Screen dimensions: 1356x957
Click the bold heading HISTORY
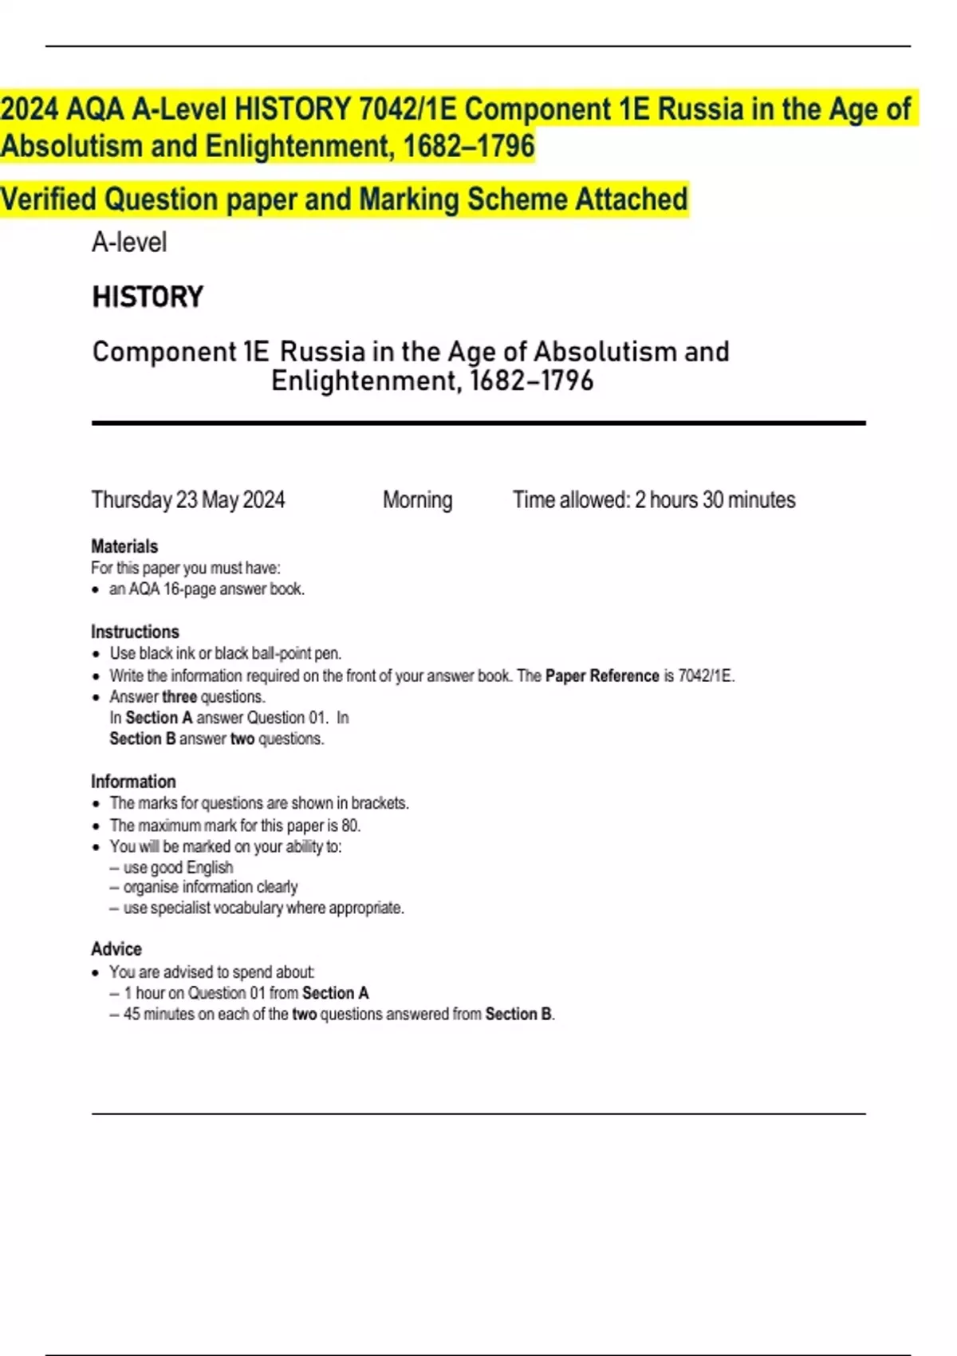tap(148, 297)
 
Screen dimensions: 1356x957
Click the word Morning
tap(417, 500)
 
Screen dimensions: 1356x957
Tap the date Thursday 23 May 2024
tap(187, 500)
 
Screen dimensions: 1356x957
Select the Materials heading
tap(124, 546)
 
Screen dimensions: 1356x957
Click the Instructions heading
tap(135, 632)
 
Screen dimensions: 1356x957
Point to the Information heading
tap(133, 782)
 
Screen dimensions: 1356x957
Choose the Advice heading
tap(116, 949)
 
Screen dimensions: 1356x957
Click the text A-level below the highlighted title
tap(129, 242)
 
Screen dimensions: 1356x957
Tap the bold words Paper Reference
tap(602, 676)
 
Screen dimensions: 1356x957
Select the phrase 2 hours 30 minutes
tap(715, 500)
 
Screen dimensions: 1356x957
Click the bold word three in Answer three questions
tap(179, 696)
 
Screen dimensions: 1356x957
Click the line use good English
tap(178, 867)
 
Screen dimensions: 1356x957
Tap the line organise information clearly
tap(210, 887)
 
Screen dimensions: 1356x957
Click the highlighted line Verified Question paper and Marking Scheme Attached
tap(344, 199)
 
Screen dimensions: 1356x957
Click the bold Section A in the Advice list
tap(335, 993)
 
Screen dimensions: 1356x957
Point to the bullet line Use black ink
tap(226, 653)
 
